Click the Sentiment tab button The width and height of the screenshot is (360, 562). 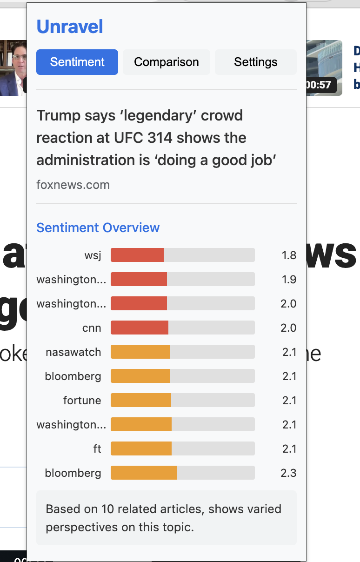point(77,62)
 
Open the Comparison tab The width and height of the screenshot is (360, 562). point(167,62)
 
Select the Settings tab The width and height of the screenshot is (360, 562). point(255,62)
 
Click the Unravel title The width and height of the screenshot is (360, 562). point(70,27)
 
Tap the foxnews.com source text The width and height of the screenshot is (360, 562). point(73,185)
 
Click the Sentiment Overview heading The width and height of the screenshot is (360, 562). point(98,227)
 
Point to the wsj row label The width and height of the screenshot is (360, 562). point(93,255)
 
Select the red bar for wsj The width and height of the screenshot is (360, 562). point(137,255)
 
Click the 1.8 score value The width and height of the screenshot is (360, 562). point(289,255)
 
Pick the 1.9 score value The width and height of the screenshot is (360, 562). point(289,280)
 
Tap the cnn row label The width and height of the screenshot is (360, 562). point(92,328)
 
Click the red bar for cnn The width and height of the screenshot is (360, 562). point(139,328)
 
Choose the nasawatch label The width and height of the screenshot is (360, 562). point(73,352)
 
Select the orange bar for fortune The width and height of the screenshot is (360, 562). point(140,400)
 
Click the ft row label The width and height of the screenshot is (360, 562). point(97,449)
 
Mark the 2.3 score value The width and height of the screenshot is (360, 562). point(288,473)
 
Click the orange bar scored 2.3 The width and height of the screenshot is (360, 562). point(143,473)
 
